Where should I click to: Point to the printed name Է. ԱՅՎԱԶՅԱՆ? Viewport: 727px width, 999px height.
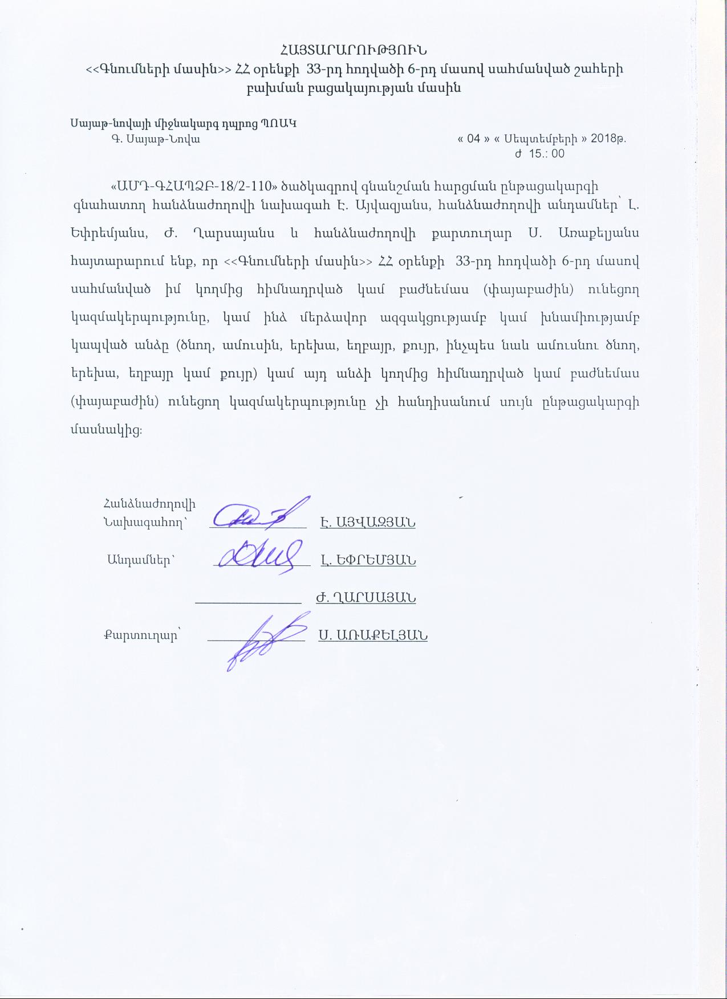point(368,522)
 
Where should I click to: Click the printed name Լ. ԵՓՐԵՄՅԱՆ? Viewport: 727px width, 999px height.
point(368,560)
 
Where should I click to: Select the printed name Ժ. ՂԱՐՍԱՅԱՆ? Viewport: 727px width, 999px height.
point(365,597)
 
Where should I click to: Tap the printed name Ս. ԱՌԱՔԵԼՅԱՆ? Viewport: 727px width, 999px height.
point(373,635)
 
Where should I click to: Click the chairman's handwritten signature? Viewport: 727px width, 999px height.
point(259,515)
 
